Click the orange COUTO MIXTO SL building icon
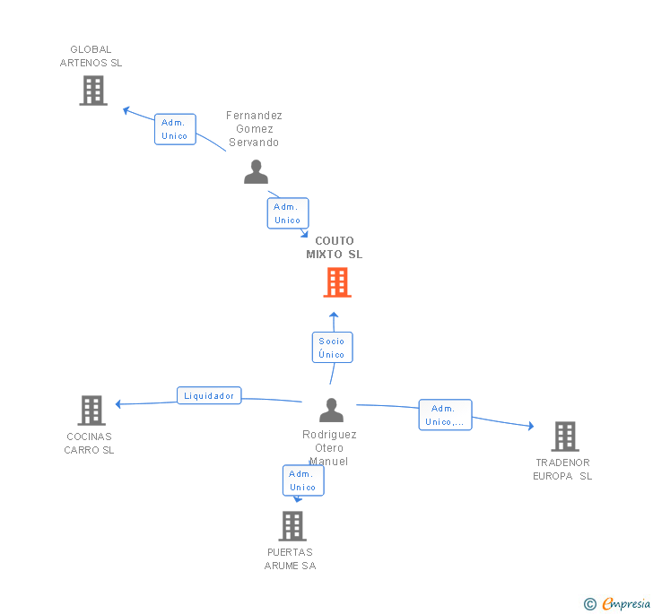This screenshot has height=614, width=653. click(336, 282)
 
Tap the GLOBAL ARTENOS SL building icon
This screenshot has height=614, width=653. click(92, 91)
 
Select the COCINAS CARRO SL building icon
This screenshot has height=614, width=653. click(91, 410)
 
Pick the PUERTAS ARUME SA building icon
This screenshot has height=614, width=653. click(292, 525)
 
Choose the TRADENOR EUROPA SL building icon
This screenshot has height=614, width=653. click(564, 437)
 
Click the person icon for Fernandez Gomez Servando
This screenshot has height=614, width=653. click(256, 171)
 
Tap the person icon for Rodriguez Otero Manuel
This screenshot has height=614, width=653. click(331, 410)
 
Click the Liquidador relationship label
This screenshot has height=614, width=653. click(209, 395)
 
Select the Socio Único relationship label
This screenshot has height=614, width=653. click(331, 348)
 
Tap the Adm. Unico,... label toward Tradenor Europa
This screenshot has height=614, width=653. click(445, 415)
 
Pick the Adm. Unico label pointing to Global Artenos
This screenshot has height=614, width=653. click(175, 129)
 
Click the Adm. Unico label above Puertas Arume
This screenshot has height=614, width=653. click(303, 480)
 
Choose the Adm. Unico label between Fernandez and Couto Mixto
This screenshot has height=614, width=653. click(288, 213)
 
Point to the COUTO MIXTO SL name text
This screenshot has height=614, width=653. click(335, 247)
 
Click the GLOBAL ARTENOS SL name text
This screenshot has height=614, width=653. click(91, 56)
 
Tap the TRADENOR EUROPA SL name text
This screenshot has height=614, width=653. click(562, 470)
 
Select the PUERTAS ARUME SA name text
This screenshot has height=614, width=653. click(290, 558)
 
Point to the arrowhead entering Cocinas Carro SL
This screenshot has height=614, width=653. click(118, 404)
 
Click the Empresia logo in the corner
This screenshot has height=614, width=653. click(618, 604)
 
